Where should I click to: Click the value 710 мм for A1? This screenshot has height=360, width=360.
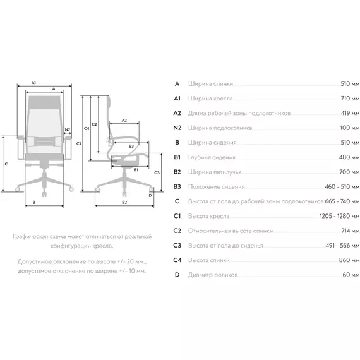350,99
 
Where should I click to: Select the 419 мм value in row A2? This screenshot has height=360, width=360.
350,113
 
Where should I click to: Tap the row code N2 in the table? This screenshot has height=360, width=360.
177,128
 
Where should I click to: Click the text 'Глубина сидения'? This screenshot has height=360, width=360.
212,157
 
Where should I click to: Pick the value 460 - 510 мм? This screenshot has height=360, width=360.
342,187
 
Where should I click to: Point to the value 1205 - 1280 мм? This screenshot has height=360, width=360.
340,216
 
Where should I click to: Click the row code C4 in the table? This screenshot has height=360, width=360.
177,260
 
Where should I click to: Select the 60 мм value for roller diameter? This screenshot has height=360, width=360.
351,275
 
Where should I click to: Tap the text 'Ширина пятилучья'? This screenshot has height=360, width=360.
215,172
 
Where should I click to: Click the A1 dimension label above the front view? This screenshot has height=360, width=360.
33,83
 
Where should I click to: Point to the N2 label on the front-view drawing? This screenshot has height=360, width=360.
68,129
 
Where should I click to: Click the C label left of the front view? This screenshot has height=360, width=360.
6,164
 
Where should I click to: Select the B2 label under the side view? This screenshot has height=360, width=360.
124,202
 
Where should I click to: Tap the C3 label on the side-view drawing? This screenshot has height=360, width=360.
157,172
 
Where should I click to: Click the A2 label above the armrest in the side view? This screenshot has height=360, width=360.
124,120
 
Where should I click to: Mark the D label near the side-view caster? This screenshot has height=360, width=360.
150,196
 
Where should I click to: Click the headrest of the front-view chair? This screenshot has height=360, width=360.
44,102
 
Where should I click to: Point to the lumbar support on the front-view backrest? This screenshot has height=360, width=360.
45,141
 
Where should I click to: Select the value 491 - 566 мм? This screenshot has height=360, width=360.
342,246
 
